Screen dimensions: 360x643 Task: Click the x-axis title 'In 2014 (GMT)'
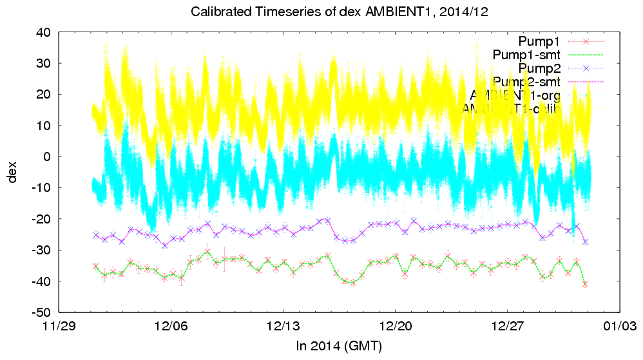tap(339, 347)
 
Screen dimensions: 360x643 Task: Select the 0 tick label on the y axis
tap(48, 156)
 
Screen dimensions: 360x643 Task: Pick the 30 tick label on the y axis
tap(44, 63)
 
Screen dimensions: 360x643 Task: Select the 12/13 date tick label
tap(283, 327)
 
